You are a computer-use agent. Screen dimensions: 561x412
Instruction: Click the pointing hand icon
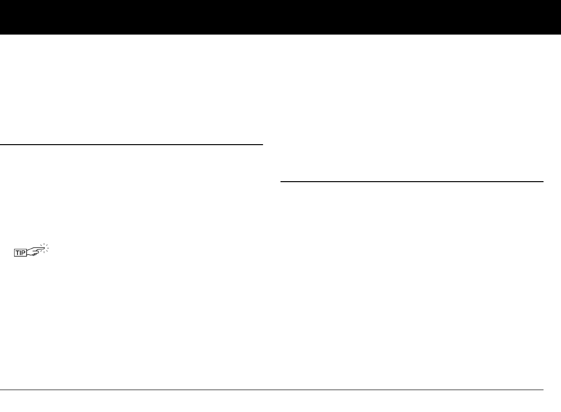click(37, 251)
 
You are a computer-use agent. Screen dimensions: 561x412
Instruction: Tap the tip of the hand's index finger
click(44, 249)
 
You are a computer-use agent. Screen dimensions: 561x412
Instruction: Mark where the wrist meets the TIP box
click(29, 251)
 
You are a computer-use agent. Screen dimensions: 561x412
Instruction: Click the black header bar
click(280, 17)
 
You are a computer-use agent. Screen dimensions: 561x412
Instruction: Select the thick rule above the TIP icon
click(131, 145)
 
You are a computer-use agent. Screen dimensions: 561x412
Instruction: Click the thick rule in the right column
click(412, 182)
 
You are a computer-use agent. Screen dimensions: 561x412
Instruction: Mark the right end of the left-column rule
click(262, 145)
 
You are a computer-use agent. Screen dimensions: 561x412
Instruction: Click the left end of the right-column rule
click(281, 182)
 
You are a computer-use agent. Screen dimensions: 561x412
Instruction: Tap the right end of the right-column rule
click(542, 182)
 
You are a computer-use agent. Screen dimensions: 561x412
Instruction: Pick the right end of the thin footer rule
click(542, 390)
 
